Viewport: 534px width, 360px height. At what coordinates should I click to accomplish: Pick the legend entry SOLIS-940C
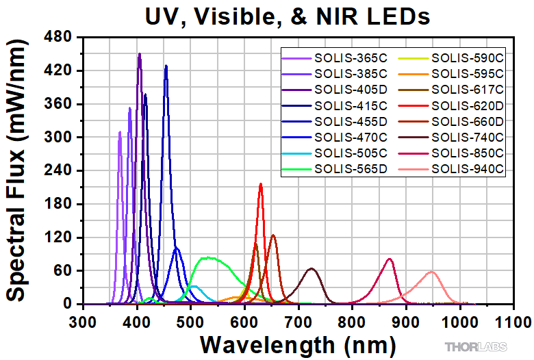468,168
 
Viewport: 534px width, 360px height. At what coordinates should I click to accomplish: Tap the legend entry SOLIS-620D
468,105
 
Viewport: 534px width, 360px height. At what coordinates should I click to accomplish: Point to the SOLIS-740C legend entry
468,138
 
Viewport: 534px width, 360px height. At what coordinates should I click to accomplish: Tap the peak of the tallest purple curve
140,54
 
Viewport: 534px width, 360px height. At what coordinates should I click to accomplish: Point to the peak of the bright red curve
261,183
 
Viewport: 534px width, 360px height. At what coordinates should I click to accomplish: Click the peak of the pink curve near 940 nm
431,272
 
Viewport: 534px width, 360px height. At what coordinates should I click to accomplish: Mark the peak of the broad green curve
205,257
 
